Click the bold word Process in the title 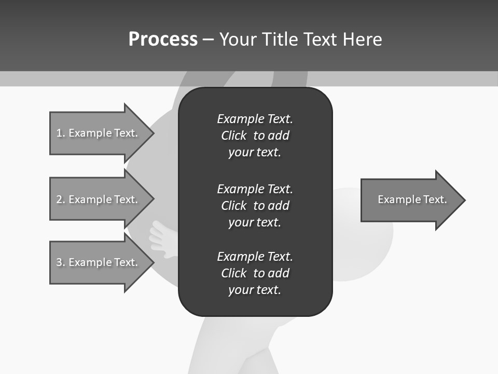click(163, 39)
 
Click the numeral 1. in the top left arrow click(61, 133)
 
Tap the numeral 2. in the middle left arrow click(61, 199)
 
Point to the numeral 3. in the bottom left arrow click(61, 262)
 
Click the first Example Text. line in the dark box click(255, 119)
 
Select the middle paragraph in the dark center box click(255, 206)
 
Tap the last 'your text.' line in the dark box click(255, 290)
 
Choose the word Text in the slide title click(320, 39)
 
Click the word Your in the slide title click(240, 39)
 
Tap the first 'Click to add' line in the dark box click(255, 136)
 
